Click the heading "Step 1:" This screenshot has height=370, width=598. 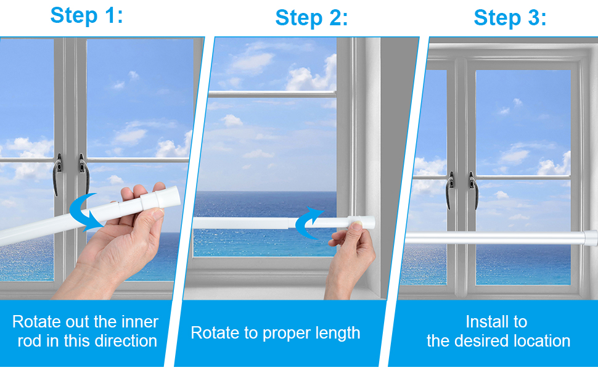click(x=86, y=15)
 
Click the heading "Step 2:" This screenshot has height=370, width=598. click(x=311, y=18)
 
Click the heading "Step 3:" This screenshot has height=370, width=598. click(x=510, y=18)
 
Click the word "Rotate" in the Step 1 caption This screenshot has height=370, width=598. click(x=38, y=322)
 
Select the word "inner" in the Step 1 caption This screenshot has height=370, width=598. click(x=141, y=322)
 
